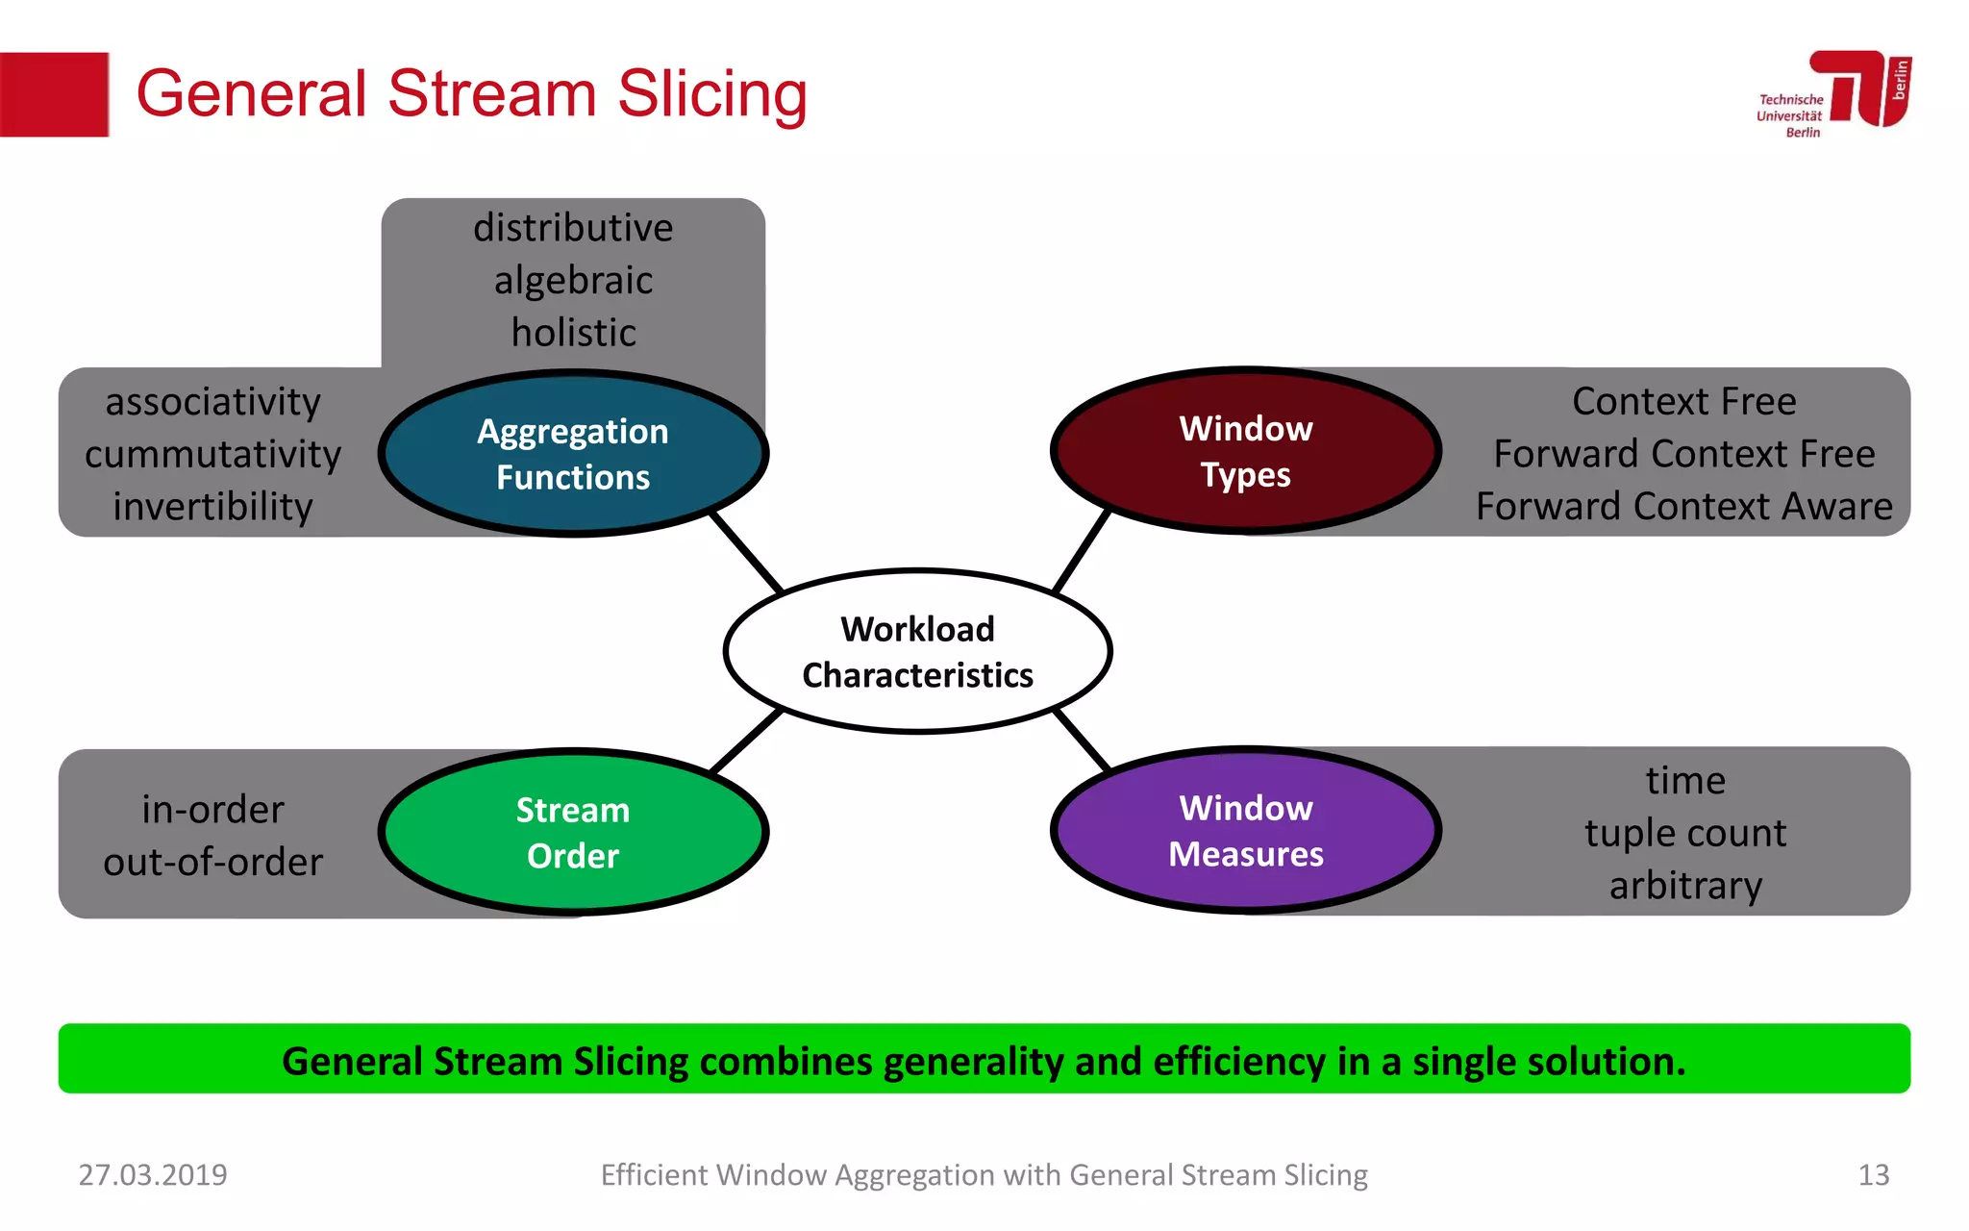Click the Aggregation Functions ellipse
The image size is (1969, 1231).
573,453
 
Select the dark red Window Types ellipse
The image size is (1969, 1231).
1246,450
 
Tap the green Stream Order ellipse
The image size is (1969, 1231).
573,832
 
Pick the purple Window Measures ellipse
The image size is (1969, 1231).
1246,830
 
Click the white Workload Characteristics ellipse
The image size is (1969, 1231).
917,651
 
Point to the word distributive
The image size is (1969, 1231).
573,228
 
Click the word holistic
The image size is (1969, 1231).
573,333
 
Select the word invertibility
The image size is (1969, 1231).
212,507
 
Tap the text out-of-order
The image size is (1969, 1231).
212,862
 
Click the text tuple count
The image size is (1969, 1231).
1685,833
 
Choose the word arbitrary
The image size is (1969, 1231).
1685,885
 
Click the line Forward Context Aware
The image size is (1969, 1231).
1683,507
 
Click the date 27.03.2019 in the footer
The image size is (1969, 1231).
153,1174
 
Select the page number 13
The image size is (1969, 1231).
1873,1174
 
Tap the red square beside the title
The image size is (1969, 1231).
54,94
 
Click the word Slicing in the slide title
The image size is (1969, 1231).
711,94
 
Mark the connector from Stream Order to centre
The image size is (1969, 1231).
746,741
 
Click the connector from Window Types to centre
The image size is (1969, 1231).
1082,551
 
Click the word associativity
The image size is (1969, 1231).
212,402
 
